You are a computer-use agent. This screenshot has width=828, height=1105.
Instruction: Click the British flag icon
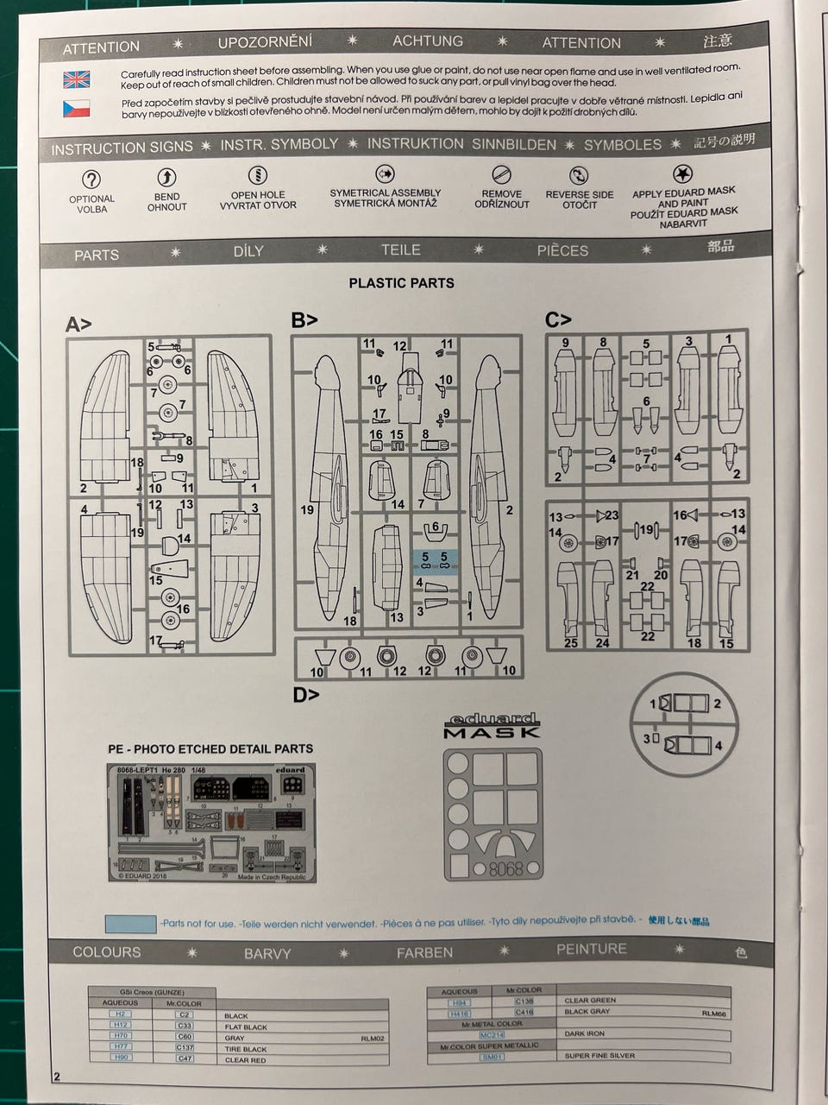click(76, 80)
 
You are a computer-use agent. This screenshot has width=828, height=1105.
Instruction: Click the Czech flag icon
click(76, 109)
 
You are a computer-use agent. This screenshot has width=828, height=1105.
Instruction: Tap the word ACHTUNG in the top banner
click(427, 41)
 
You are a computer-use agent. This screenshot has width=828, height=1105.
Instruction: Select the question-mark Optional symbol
click(91, 180)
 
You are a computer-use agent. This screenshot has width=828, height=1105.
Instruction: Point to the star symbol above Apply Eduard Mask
click(682, 174)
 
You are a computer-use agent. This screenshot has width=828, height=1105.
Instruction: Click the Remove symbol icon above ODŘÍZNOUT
click(501, 174)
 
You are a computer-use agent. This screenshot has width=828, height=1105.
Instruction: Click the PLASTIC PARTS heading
click(401, 282)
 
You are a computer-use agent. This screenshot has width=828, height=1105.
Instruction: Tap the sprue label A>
click(78, 325)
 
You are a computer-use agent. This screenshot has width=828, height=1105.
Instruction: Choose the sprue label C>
click(558, 319)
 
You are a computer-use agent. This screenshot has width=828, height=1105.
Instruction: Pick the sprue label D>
click(305, 694)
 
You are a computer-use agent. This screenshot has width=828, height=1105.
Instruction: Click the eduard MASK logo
click(491, 726)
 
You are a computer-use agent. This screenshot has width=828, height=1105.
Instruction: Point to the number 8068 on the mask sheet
click(505, 869)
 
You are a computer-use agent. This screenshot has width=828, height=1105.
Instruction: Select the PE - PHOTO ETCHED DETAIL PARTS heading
click(210, 748)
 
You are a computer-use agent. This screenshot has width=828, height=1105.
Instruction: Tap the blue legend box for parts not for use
click(130, 924)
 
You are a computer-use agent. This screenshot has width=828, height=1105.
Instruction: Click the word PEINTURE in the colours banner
click(591, 949)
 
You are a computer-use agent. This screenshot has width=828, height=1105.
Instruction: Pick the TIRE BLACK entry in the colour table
click(246, 1048)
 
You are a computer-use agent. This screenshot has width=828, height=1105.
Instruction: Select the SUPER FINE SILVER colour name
click(599, 1055)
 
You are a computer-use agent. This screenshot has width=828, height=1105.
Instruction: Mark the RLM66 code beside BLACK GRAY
click(713, 1013)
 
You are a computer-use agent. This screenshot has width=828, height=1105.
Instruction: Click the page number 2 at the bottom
click(57, 1077)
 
